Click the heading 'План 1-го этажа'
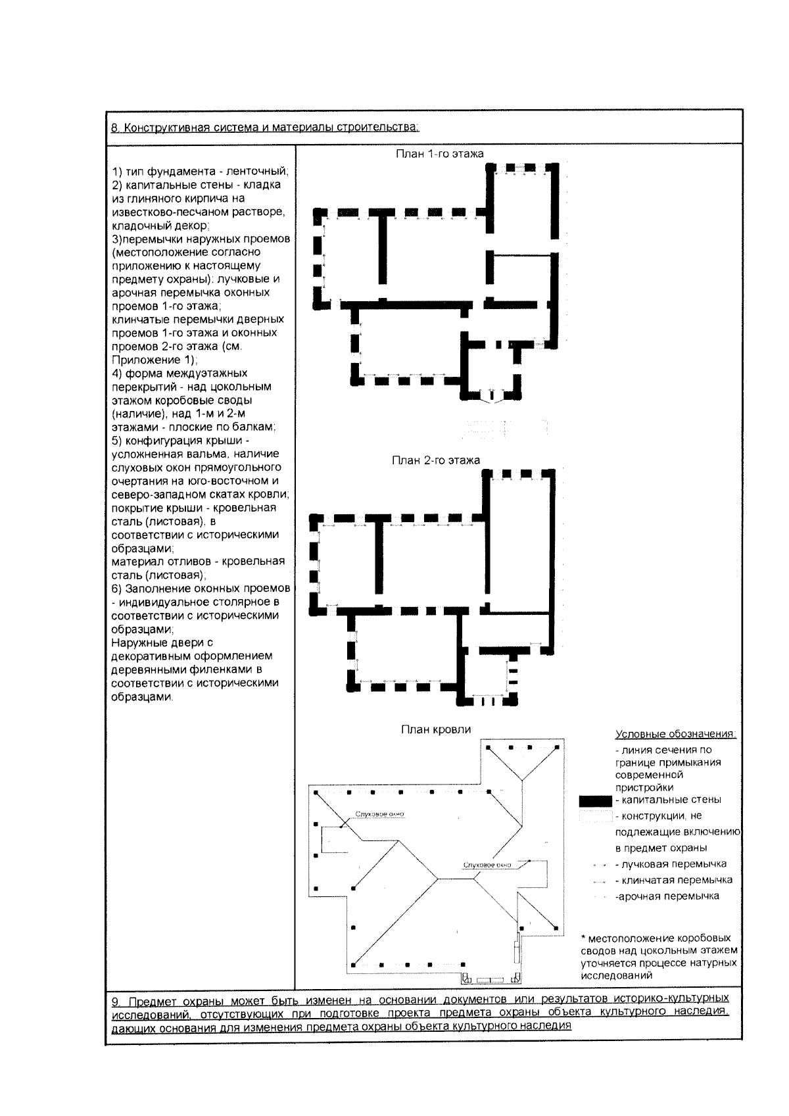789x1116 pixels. click(439, 154)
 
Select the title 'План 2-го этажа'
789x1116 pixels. click(435, 460)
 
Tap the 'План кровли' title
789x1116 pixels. click(436, 729)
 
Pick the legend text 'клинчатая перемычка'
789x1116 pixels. click(677, 880)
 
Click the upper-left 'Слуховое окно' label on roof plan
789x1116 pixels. click(380, 814)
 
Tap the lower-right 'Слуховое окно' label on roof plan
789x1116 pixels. click(487, 864)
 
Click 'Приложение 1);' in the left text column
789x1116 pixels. click(155, 360)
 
